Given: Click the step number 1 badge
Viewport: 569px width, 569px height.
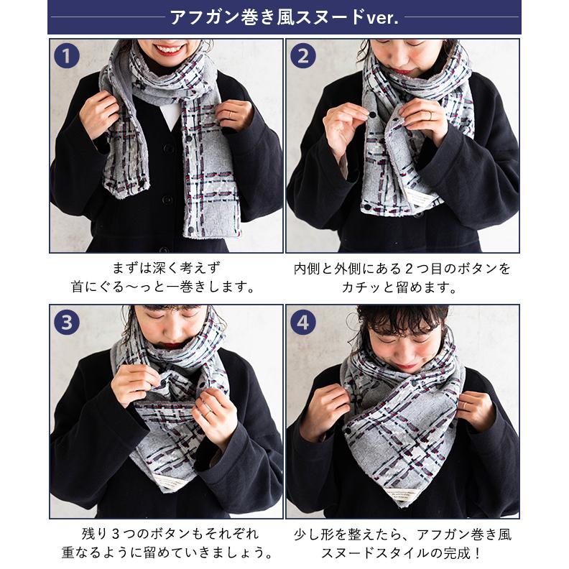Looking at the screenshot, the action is click(67, 56).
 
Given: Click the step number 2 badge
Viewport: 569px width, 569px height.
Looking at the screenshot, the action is click(303, 56).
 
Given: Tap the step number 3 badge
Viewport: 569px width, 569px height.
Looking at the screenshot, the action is click(67, 322).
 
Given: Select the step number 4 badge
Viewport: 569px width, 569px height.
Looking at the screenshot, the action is click(303, 322).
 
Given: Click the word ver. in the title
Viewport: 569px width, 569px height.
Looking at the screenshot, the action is click(382, 18).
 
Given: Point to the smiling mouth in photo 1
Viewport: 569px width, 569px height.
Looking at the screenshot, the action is click(169, 49).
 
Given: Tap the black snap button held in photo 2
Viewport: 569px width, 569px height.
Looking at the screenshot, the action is click(373, 115).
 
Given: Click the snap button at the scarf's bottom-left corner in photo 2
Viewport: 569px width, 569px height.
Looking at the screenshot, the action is click(367, 207).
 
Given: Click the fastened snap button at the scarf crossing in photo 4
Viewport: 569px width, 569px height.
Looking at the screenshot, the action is click(413, 383).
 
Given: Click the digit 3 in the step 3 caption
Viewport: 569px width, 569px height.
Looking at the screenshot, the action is click(116, 534).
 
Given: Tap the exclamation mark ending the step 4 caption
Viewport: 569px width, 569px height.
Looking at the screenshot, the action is click(477, 552).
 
